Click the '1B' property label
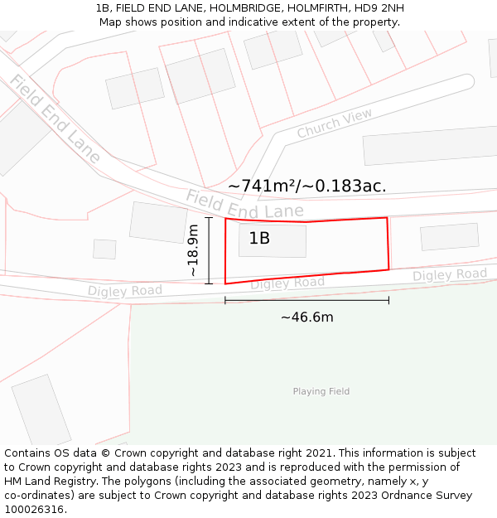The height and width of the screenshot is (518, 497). point(259,239)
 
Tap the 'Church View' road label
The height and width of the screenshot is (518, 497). point(335,123)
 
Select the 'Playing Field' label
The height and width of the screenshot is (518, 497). point(321,391)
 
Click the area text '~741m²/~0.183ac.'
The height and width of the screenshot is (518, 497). point(307,186)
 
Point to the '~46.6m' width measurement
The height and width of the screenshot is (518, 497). point(307,317)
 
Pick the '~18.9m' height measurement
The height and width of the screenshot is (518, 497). point(193,250)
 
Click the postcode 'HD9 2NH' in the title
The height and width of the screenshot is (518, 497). point(381,8)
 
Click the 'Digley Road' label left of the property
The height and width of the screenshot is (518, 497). point(125,290)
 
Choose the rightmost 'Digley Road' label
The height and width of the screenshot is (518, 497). point(450,274)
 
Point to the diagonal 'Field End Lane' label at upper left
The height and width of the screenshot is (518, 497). point(55,119)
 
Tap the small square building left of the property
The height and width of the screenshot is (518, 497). point(104,249)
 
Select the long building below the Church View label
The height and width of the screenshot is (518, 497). point(429,145)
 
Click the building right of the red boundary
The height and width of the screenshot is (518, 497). point(449,236)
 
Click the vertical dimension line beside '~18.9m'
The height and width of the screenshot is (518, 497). point(209,250)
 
